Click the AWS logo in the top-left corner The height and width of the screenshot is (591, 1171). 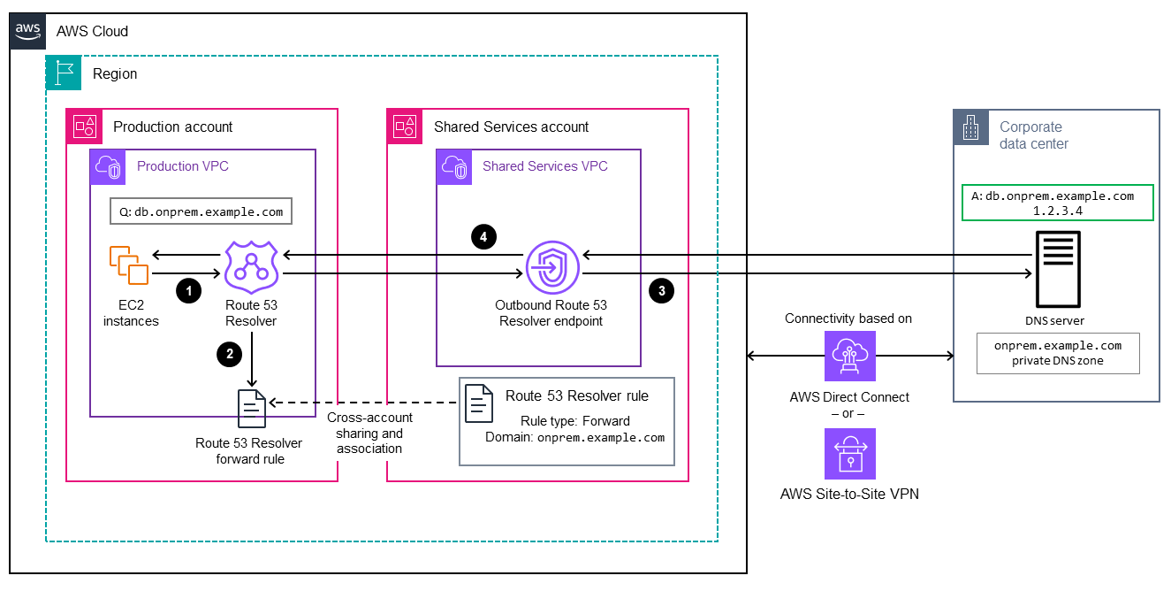(28, 30)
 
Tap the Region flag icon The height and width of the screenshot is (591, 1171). (63, 73)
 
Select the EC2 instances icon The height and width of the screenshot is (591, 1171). (129, 265)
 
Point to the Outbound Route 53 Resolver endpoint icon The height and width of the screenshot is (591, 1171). (551, 266)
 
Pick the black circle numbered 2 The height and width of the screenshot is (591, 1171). (230, 354)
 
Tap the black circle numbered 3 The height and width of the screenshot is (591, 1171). (661, 289)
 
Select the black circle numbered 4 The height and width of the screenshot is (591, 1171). (483, 236)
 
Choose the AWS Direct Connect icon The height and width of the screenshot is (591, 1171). (848, 357)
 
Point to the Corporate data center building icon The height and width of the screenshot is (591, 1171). (970, 127)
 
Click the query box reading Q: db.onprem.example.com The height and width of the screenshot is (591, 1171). (201, 211)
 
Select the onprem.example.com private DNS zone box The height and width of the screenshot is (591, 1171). (1057, 353)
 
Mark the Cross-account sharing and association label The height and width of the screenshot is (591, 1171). (369, 433)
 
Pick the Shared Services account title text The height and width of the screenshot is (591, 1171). (511, 127)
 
